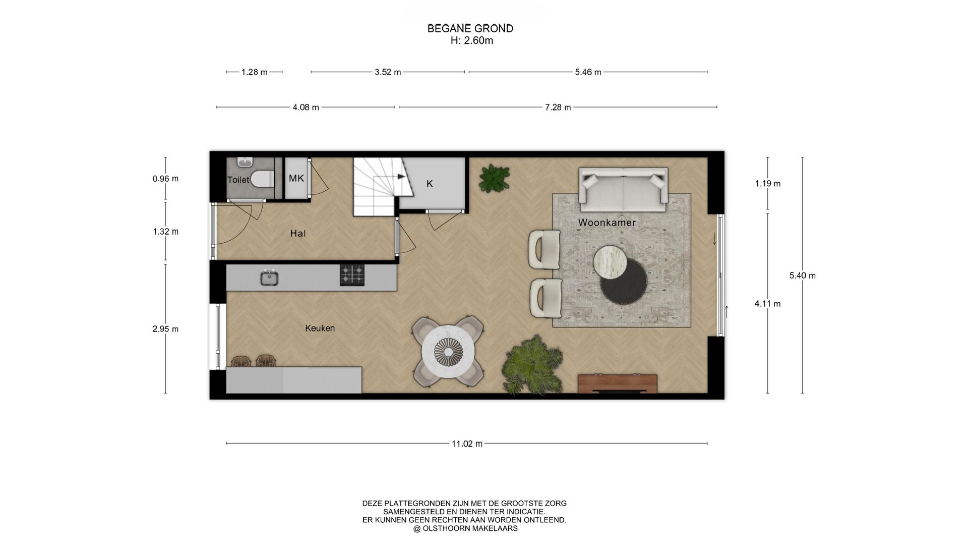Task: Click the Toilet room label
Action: [238, 180]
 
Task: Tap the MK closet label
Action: [296, 178]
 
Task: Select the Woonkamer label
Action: [607, 223]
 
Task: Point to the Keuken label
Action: [320, 328]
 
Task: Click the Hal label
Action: [298, 233]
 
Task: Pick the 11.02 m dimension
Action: [467, 444]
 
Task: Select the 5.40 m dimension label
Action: [803, 276]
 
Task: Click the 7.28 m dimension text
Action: [558, 107]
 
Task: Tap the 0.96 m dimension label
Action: [166, 179]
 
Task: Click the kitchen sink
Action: [269, 278]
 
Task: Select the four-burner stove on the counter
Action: [352, 276]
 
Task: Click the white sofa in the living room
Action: [624, 190]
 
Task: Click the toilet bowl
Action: [262, 178]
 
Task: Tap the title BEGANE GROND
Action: [470, 29]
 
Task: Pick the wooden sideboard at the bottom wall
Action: [617, 384]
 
